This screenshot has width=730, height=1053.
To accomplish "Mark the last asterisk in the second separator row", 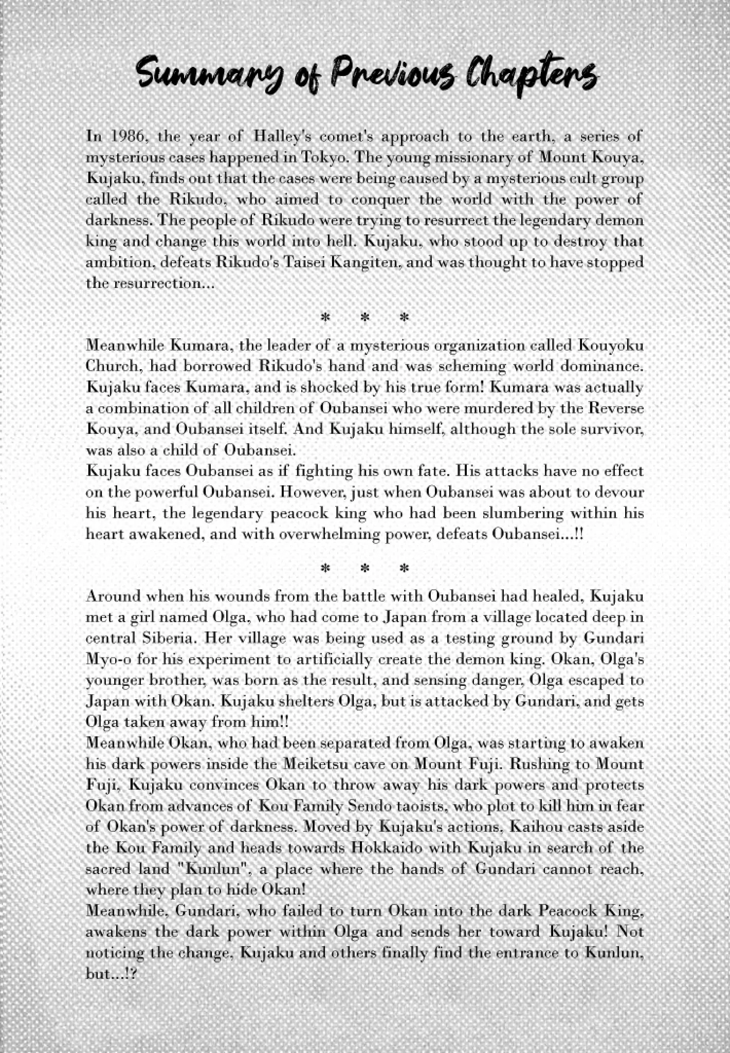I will pos(404,569).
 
